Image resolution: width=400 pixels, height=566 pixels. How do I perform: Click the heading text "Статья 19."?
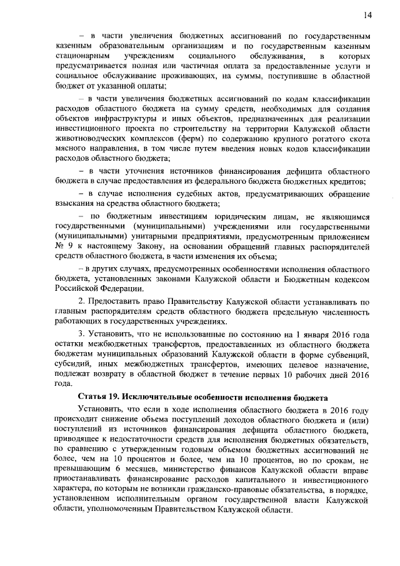point(99,398)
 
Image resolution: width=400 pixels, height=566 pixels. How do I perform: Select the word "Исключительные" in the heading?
point(158,398)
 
